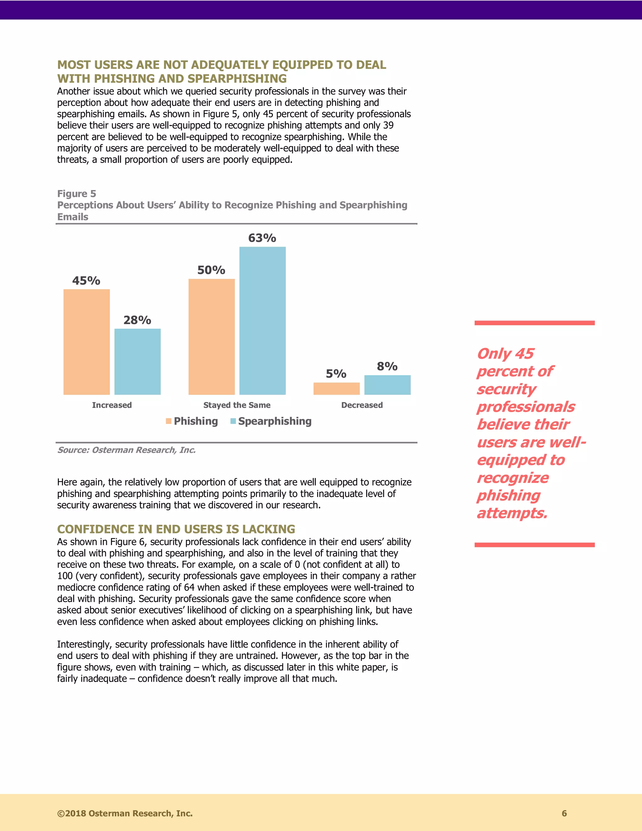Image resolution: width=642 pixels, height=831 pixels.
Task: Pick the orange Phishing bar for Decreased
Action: point(336,389)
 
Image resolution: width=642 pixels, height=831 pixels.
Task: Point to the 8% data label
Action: point(387,366)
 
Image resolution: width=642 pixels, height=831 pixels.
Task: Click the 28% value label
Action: point(137,320)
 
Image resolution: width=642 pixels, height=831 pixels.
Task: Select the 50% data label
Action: point(211,270)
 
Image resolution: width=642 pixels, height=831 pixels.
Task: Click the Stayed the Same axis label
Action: point(237,405)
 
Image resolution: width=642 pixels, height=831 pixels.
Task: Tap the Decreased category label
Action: point(362,405)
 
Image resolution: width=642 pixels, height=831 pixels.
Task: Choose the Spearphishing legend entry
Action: point(274,421)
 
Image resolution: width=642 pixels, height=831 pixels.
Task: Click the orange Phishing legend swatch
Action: point(168,421)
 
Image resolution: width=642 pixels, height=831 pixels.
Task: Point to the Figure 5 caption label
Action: point(76,194)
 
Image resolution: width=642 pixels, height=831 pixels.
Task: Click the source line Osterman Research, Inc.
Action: point(126,450)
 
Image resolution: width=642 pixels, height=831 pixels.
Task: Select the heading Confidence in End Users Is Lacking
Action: point(176,529)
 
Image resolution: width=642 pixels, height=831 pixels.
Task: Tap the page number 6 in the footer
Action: point(564,813)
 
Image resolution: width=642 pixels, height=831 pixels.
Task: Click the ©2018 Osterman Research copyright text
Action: point(125,813)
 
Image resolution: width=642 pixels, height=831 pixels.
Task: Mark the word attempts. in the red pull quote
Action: point(512,513)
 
